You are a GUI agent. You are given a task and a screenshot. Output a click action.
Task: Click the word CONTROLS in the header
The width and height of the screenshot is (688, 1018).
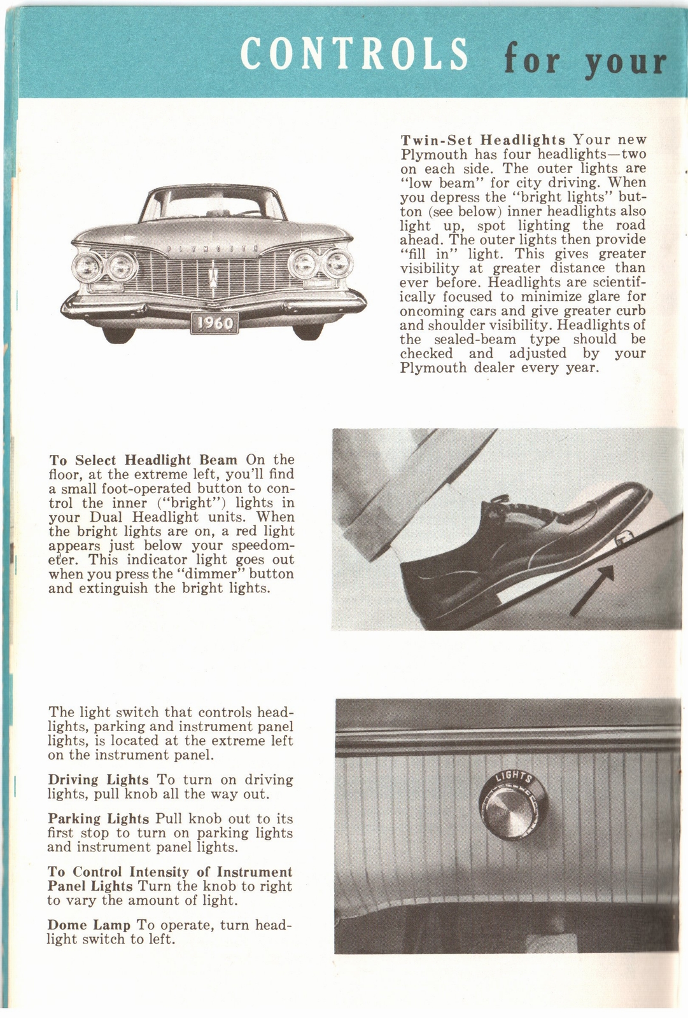[355, 54]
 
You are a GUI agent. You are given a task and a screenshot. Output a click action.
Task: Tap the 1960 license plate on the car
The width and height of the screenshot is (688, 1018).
[214, 323]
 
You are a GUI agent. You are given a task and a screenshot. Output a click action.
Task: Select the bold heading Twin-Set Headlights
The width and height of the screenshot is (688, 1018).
[483, 140]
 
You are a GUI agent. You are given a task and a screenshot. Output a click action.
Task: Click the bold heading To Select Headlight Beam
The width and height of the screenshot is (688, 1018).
[143, 460]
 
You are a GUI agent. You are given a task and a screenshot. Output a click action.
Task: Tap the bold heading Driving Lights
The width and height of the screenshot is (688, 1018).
[98, 780]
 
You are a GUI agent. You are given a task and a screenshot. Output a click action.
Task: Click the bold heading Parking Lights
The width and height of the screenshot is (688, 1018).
[99, 819]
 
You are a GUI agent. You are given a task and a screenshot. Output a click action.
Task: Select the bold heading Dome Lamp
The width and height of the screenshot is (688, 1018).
[88, 925]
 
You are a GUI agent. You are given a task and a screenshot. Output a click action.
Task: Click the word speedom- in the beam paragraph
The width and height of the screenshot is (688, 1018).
[263, 546]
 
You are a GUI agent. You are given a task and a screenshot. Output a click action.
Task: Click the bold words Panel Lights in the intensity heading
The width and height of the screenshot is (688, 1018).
[90, 886]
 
